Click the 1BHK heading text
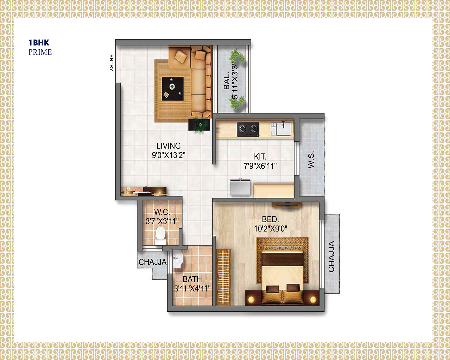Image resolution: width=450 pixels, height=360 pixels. coord(39,43)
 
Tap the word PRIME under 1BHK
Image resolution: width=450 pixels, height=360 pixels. coord(40,52)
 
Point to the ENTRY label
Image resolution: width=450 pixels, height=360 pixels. coord(111,63)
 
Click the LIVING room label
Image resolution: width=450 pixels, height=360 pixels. coord(168,146)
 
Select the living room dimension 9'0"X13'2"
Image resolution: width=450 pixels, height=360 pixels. coord(168,155)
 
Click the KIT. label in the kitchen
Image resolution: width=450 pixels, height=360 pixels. coord(260,157)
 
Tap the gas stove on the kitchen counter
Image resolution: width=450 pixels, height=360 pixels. coord(248,130)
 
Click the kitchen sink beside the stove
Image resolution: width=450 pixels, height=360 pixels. coord(281,129)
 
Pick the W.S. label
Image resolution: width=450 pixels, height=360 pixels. coord(311,160)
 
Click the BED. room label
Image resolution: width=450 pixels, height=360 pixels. coord(270,219)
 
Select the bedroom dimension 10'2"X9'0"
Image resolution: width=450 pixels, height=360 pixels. coord(270,229)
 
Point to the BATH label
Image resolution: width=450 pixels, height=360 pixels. coord(192,279)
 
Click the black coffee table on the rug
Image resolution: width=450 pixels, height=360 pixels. coord(173,89)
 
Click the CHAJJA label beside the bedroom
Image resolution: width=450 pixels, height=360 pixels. coord(331,257)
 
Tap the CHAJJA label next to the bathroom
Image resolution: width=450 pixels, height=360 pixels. coord(153,262)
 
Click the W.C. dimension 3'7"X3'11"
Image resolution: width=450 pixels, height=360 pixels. coord(162,221)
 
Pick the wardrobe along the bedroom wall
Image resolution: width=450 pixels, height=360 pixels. coord(223,277)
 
